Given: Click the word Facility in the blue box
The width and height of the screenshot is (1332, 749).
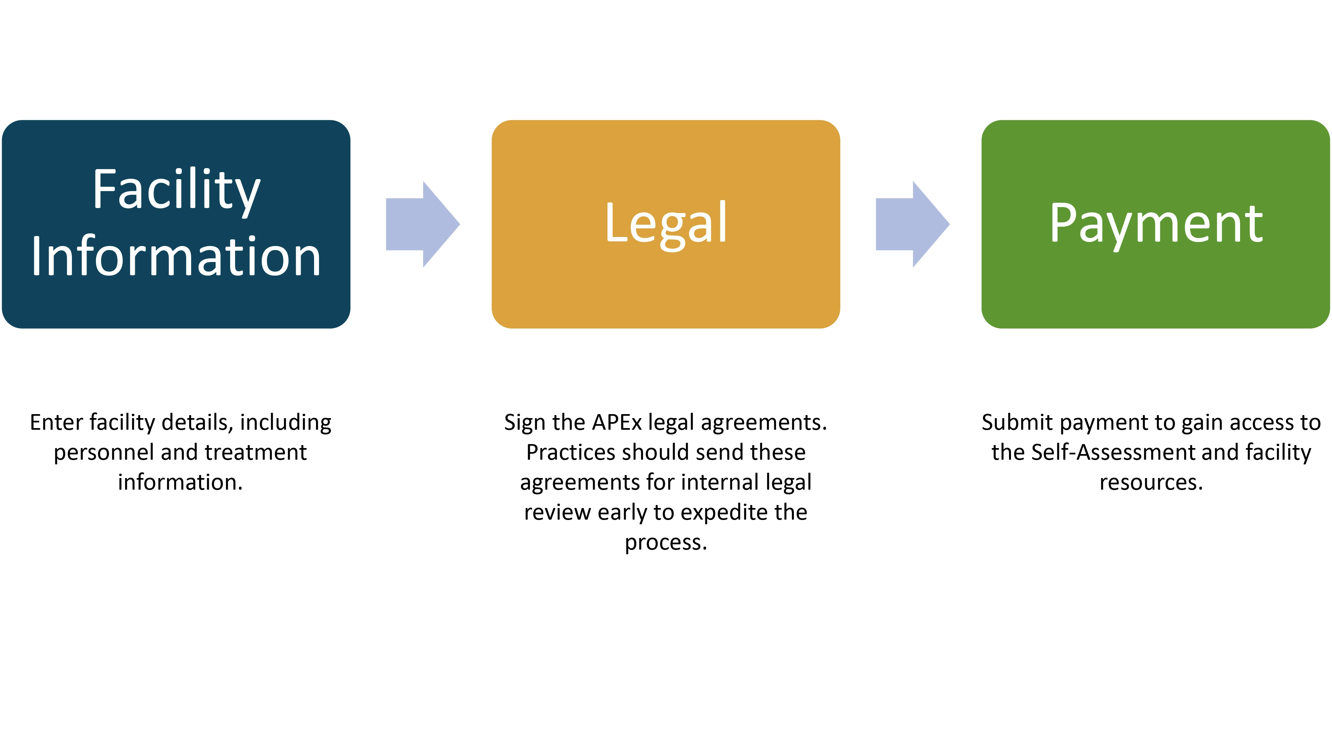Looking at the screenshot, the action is point(176,191).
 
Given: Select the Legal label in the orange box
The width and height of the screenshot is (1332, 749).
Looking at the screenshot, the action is point(666,225).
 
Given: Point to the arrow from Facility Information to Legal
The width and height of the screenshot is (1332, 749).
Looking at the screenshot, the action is point(423,224).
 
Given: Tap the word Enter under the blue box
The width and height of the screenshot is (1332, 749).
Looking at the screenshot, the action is point(57,422).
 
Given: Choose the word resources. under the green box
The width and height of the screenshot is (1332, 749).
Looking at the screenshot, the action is point(1152,483).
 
